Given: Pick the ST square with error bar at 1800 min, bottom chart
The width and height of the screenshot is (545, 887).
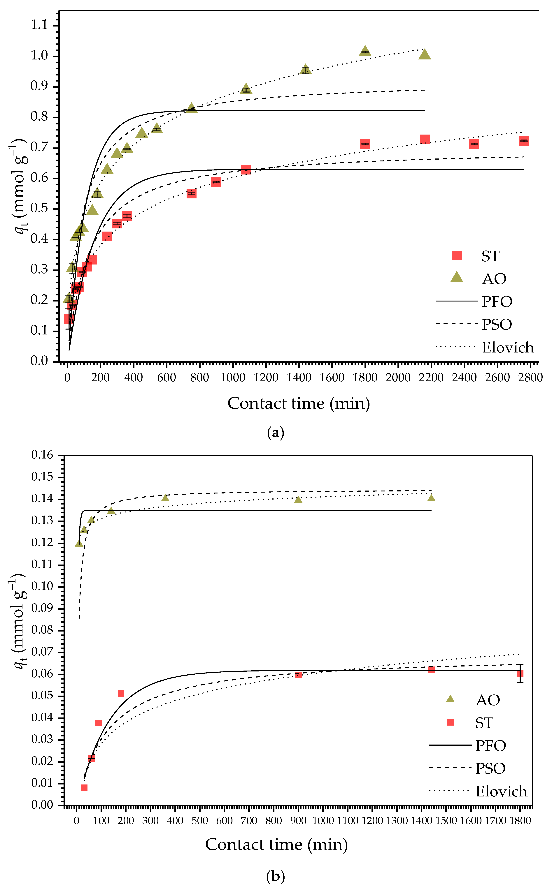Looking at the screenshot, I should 520,673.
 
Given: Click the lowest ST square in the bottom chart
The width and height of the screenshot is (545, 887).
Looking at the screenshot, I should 84,788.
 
